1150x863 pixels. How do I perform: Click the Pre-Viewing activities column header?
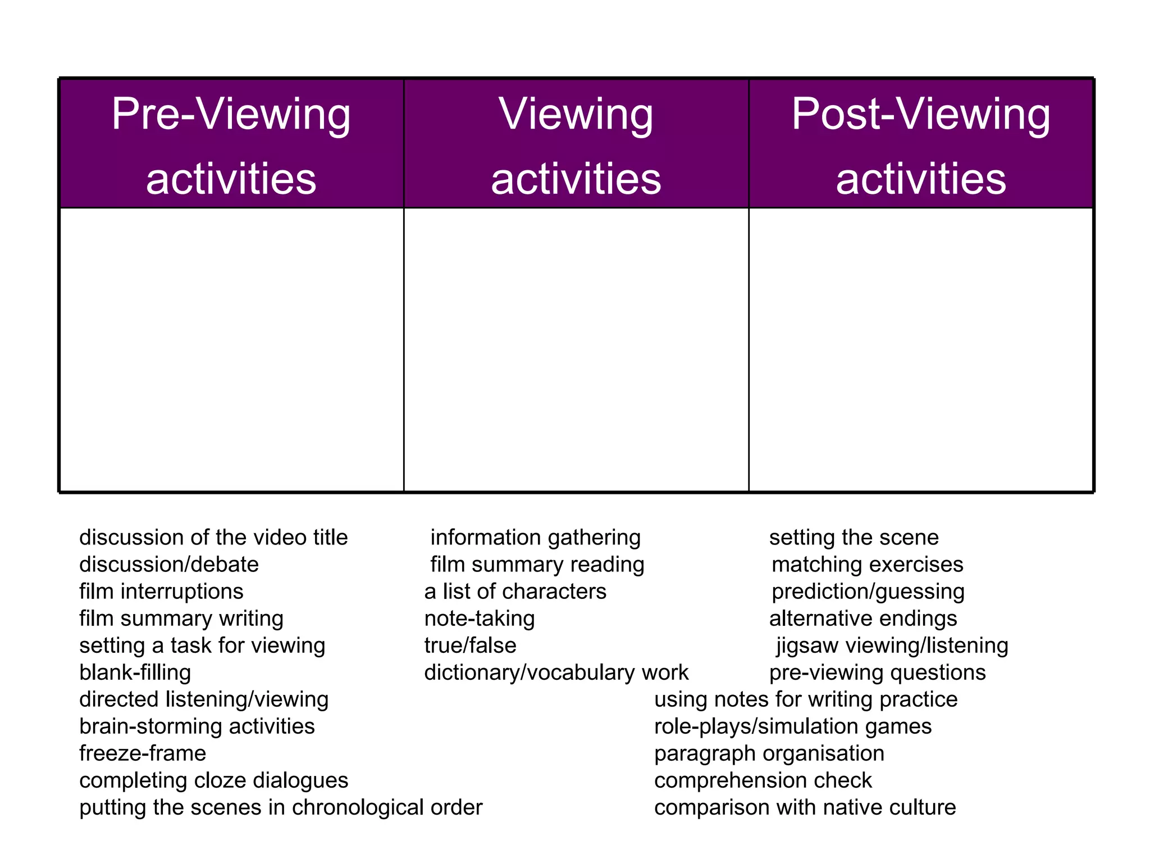[x=231, y=144]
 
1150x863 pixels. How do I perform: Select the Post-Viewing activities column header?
[x=921, y=144]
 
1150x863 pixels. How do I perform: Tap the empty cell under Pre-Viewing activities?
[x=231, y=349]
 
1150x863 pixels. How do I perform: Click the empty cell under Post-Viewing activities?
[x=921, y=349]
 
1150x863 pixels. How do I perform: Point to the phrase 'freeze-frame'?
[x=143, y=753]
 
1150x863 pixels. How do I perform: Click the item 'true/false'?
[x=470, y=646]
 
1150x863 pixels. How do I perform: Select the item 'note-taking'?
[x=480, y=619]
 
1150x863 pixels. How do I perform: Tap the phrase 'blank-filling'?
[x=135, y=673]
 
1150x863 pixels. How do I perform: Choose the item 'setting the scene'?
[x=854, y=538]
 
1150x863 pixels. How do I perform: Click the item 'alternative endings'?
[x=863, y=619]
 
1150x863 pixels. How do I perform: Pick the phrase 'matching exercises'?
[x=868, y=565]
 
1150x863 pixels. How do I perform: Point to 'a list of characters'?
[x=515, y=592]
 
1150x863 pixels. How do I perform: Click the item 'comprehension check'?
[x=763, y=780]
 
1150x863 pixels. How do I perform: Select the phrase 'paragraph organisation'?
[x=769, y=753]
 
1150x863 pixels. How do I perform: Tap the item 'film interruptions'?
[x=161, y=592]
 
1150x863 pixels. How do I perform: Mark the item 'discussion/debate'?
[x=169, y=565]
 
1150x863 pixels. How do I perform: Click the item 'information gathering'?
[x=535, y=538]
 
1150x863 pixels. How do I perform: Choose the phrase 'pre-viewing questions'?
[x=877, y=673]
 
